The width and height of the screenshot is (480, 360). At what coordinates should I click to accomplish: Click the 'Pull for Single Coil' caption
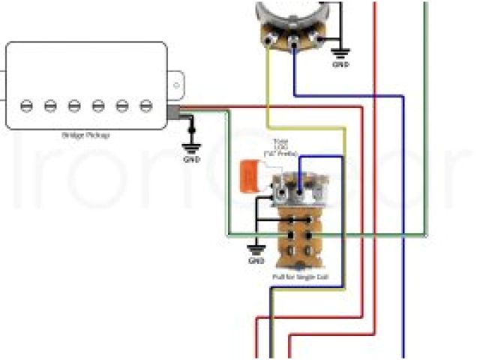pyautogui.click(x=299, y=277)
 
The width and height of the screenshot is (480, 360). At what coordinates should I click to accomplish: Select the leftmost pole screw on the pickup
pyautogui.click(x=26, y=105)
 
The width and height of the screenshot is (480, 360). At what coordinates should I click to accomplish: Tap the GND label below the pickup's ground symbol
pyautogui.click(x=192, y=159)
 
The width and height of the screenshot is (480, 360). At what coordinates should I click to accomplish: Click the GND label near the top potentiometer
pyautogui.click(x=340, y=65)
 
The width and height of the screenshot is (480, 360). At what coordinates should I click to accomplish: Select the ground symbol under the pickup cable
pyautogui.click(x=192, y=146)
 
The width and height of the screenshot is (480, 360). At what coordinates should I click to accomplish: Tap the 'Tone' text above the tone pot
pyautogui.click(x=281, y=142)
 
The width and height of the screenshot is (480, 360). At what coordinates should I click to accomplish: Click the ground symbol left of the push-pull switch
pyautogui.click(x=256, y=249)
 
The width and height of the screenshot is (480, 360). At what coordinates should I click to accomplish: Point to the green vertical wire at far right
pyautogui.click(x=426, y=112)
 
